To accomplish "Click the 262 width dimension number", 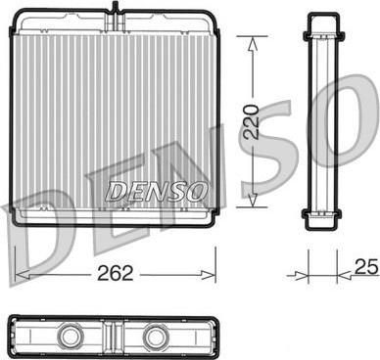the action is [116, 273].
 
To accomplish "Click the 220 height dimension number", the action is [252, 122].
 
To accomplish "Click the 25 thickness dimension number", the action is [366, 267].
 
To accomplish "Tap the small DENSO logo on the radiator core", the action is [156, 192].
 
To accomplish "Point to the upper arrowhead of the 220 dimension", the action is [252, 44].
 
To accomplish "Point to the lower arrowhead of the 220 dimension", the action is [252, 201].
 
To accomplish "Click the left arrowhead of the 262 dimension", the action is [23, 275].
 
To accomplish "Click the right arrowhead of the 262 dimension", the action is [209, 275].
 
